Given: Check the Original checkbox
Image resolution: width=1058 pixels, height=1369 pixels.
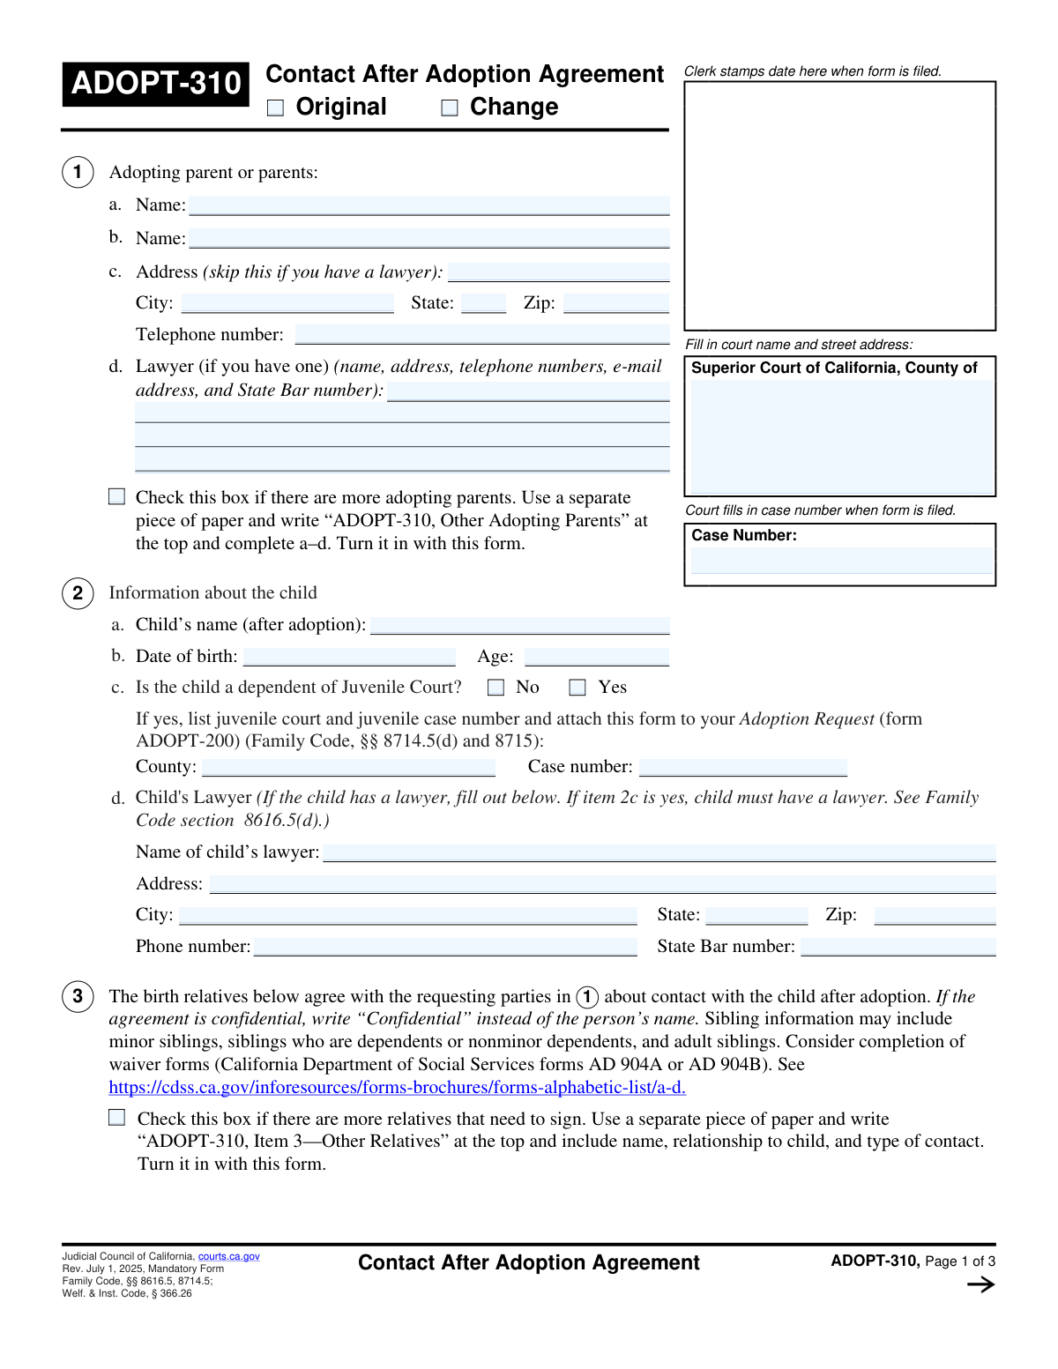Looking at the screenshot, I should click(x=276, y=108).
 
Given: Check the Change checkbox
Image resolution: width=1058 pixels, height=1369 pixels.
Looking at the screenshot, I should click(x=450, y=108).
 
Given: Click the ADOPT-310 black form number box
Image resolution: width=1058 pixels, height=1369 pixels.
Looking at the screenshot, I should click(x=156, y=84).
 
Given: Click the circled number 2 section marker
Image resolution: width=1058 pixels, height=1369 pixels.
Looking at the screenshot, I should click(x=78, y=593).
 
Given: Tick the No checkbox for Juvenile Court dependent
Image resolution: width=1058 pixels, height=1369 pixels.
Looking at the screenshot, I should click(x=496, y=688).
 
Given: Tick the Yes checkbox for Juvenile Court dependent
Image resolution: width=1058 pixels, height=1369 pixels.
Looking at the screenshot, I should click(x=577, y=688).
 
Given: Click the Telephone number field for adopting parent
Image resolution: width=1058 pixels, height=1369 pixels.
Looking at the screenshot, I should click(x=481, y=334).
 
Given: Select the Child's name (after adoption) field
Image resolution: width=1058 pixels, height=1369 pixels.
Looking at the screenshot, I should click(x=519, y=625).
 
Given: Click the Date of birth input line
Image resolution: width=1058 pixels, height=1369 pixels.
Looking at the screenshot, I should click(x=349, y=657).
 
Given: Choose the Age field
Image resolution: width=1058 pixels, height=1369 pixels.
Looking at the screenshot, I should click(x=596, y=657).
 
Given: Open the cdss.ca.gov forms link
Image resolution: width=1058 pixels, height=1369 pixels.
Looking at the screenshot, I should click(x=397, y=1088).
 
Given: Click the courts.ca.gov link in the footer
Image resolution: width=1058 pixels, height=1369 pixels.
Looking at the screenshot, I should click(x=228, y=1256).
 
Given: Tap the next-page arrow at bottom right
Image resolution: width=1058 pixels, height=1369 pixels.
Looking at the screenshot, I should click(x=980, y=1284).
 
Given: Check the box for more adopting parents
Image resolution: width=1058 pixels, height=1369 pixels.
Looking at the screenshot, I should click(x=117, y=497).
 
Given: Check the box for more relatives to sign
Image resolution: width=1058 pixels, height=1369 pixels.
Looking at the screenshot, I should click(x=117, y=1118).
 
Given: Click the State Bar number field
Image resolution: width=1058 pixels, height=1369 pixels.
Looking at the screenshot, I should click(x=898, y=947).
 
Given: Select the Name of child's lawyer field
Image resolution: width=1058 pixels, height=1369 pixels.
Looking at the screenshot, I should click(x=659, y=852).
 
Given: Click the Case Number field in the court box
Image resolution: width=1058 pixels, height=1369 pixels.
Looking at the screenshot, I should click(x=841, y=561).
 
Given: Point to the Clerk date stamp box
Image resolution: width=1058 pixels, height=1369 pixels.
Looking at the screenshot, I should click(x=839, y=205).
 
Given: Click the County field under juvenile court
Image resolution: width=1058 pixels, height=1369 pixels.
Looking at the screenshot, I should click(x=348, y=767).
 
